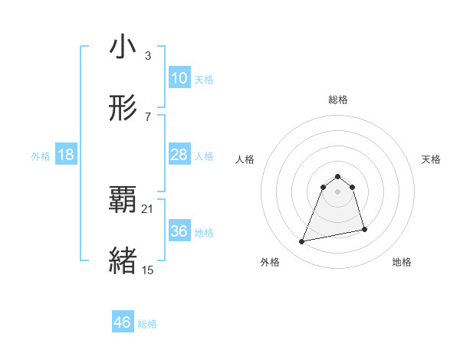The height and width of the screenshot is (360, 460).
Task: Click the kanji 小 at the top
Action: pos(123,47)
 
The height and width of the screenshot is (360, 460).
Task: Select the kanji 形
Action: pos(123,109)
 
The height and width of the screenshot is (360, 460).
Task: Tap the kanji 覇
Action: pos(123,201)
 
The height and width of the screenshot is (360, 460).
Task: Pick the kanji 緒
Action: pos(123,261)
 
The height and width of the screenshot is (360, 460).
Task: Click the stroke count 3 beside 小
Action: pos(147,56)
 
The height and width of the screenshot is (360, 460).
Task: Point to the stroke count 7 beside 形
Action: pos(147,116)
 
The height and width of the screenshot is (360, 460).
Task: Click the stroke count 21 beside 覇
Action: pos(148,208)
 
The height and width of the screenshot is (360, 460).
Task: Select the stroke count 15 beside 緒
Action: pos(148,270)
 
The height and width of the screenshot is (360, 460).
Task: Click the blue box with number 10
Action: pos(179,78)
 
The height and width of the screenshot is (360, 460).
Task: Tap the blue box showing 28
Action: pos(179,155)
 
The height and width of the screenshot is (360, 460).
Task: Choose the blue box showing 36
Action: pos(179,231)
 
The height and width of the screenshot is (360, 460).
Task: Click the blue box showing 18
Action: pos(66,155)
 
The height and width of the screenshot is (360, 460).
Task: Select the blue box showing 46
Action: pos(122,322)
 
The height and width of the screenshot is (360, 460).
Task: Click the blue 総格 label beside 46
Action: pos(147,324)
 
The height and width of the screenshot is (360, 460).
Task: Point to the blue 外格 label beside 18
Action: pos(41,156)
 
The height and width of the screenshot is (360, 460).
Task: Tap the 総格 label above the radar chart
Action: pos(338,100)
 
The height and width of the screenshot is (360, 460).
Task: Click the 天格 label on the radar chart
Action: pos(432,159)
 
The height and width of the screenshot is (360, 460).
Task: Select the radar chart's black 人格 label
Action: pos(245,159)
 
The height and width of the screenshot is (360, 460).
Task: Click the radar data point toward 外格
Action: pos(302,242)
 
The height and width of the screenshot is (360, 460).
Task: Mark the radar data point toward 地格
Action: pos(364,230)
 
